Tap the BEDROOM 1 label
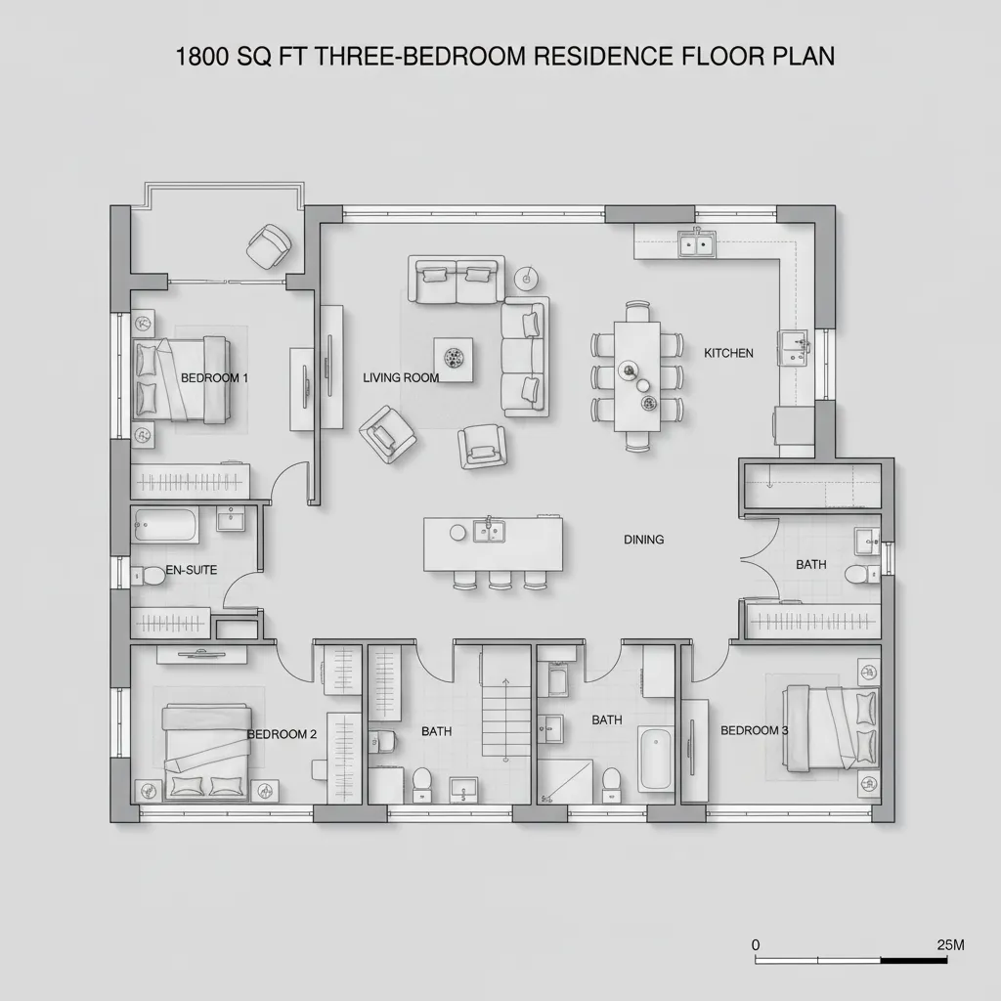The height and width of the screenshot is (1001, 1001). click(215, 377)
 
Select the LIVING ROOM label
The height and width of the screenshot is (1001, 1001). click(401, 377)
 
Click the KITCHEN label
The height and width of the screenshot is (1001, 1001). click(729, 353)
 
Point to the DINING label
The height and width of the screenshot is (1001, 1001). click(644, 540)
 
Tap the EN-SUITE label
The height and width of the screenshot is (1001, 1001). click(192, 570)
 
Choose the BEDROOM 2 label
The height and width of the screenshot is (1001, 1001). click(282, 734)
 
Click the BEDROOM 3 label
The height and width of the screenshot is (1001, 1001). click(755, 730)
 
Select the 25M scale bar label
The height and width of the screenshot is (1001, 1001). click(950, 945)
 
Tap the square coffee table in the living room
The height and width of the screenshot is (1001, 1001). click(454, 356)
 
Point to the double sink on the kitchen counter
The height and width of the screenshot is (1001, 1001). click(697, 243)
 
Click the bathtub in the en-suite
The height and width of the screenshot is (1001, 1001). click(166, 526)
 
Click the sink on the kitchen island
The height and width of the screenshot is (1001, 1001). click(488, 531)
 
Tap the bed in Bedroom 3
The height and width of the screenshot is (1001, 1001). click(831, 728)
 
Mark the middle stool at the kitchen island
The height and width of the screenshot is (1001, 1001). click(500, 580)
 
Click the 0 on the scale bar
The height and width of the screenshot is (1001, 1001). click(756, 945)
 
